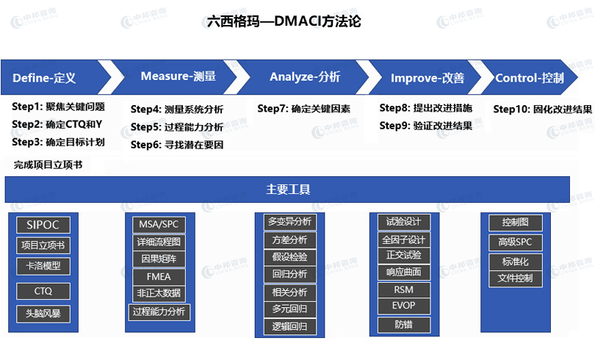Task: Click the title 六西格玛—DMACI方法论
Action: [284, 21]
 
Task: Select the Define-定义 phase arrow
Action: [53, 77]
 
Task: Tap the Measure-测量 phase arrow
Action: [175, 76]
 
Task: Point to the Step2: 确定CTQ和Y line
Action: [57, 124]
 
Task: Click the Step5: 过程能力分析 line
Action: [177, 127]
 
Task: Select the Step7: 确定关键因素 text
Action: [303, 109]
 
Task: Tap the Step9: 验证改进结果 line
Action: [426, 126]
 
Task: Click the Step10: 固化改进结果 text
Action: [543, 109]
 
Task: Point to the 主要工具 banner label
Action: [288, 190]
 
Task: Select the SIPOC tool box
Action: [43, 225]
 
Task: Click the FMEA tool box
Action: [159, 277]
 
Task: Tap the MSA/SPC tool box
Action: [159, 225]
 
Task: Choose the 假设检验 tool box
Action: [289, 257]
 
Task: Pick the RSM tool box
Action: [404, 289]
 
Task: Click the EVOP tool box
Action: [404, 306]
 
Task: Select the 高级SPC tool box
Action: [515, 242]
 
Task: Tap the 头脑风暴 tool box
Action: [43, 314]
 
